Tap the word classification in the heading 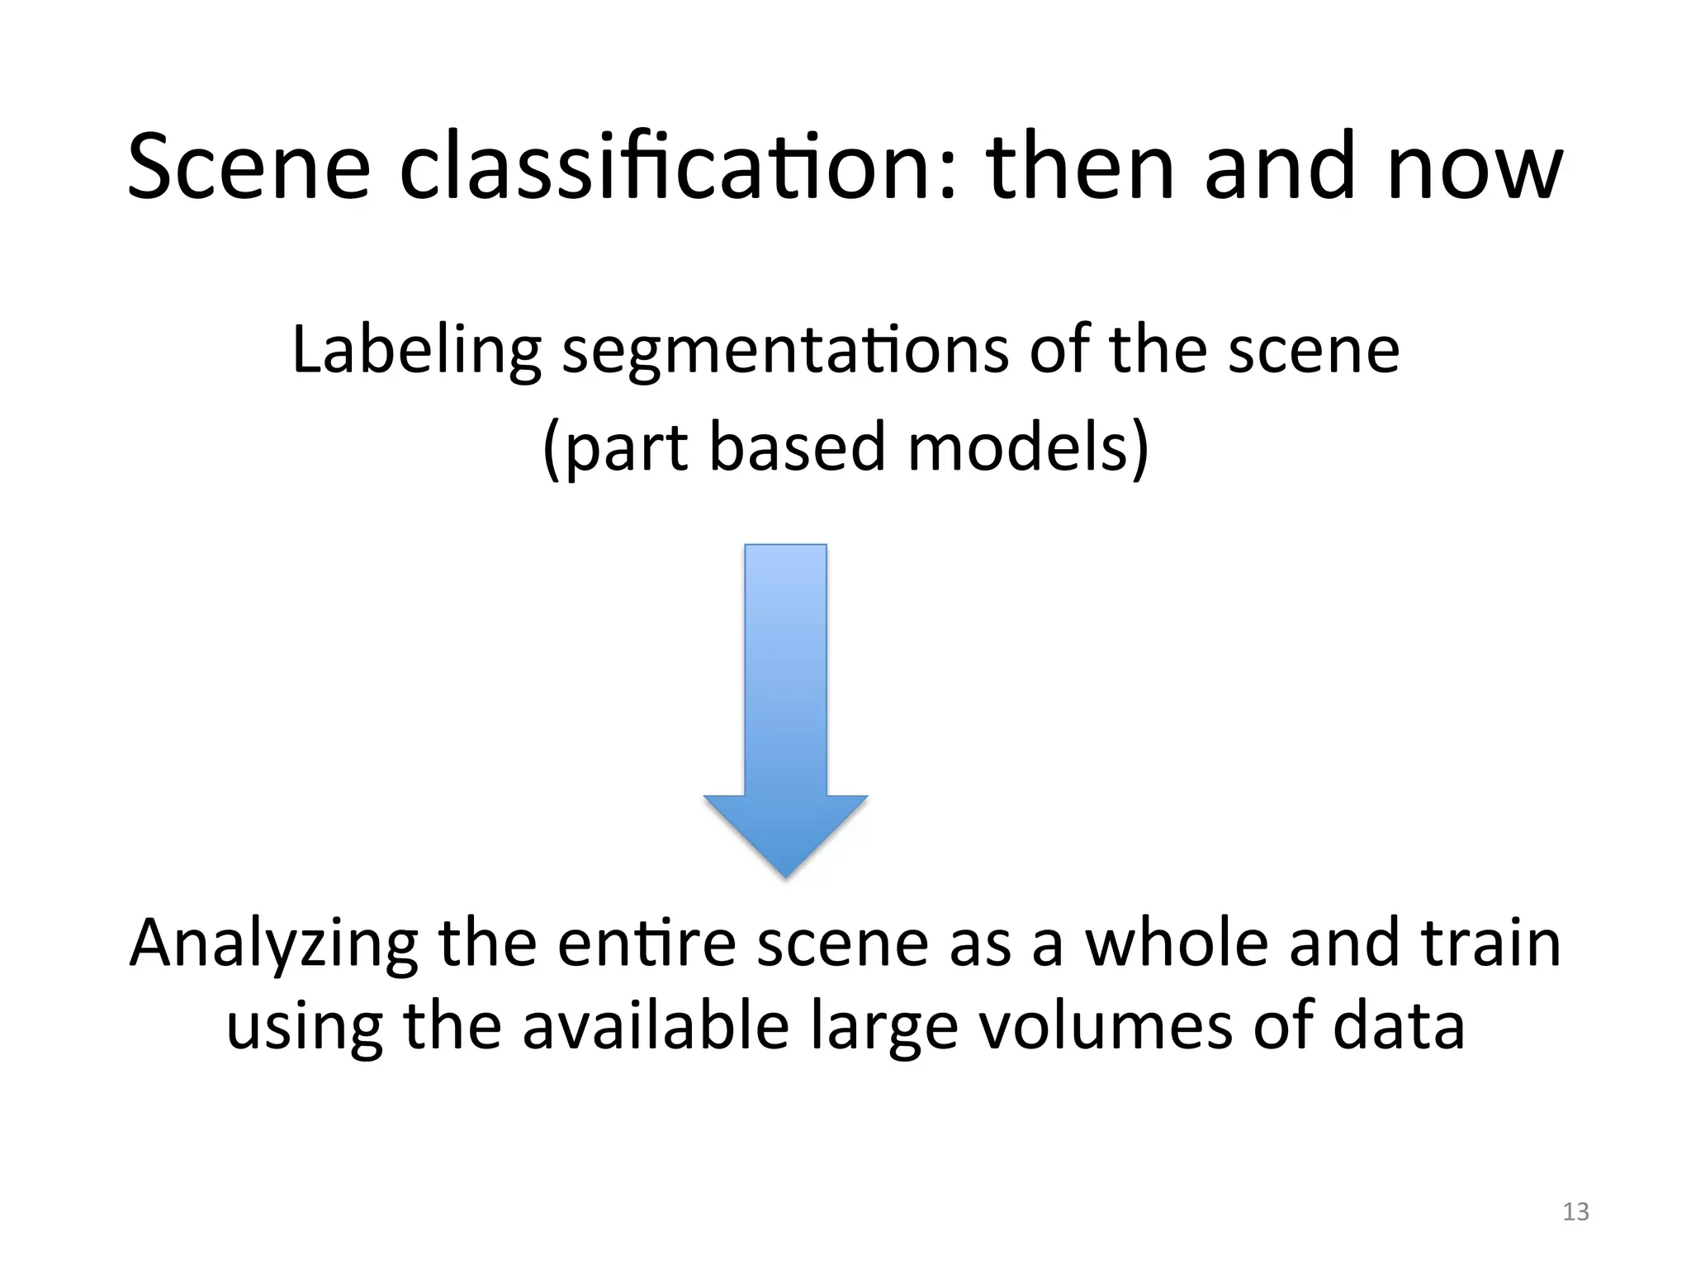(678, 168)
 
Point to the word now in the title (1475, 168)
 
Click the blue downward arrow (785, 710)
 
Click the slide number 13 (1575, 1212)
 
